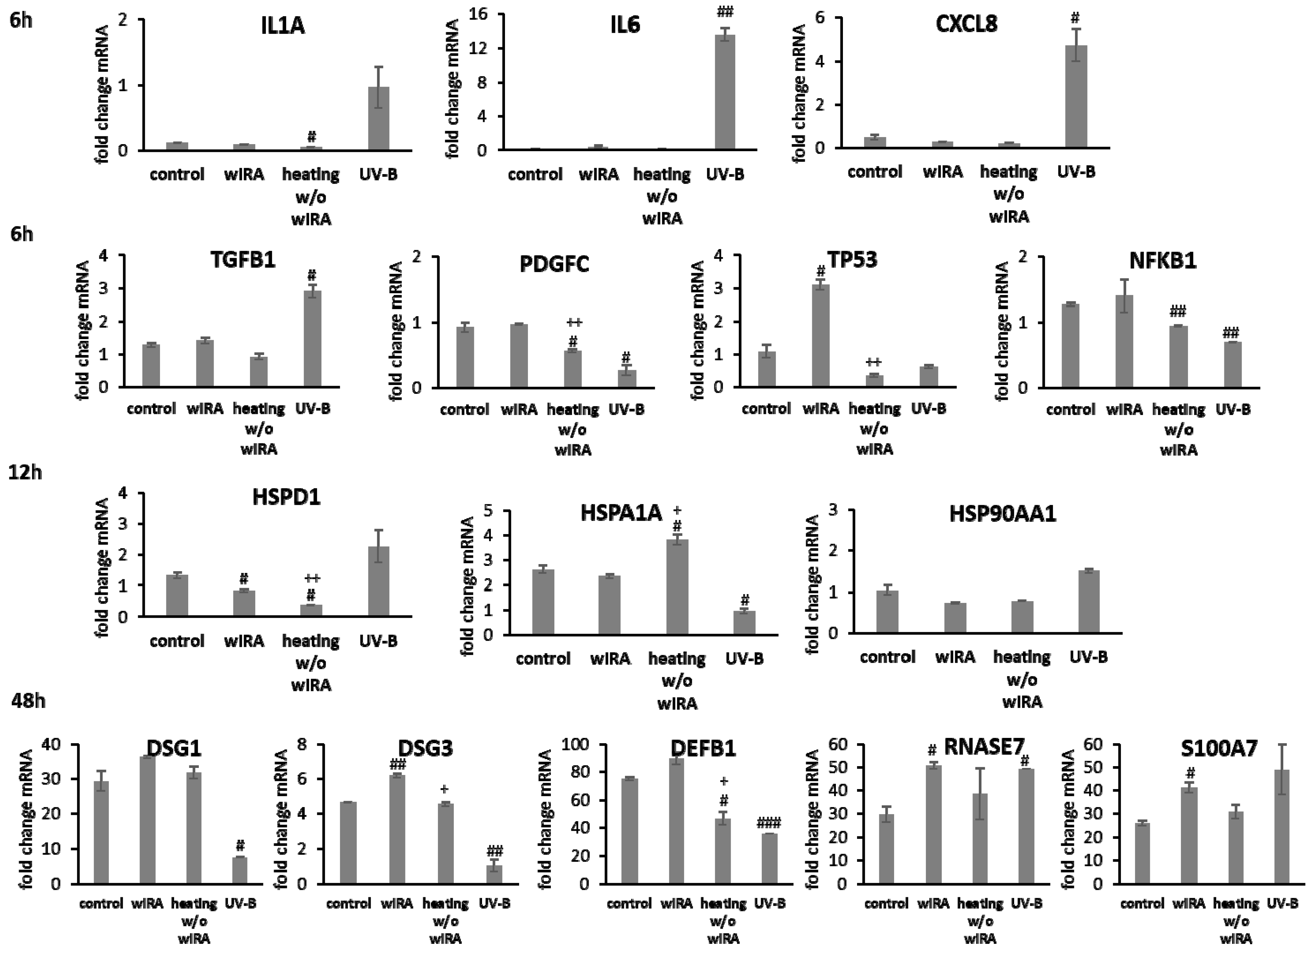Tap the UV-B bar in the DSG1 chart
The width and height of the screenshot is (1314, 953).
(239, 870)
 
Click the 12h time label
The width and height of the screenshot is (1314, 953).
(25, 473)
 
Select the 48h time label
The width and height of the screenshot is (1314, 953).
(28, 701)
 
